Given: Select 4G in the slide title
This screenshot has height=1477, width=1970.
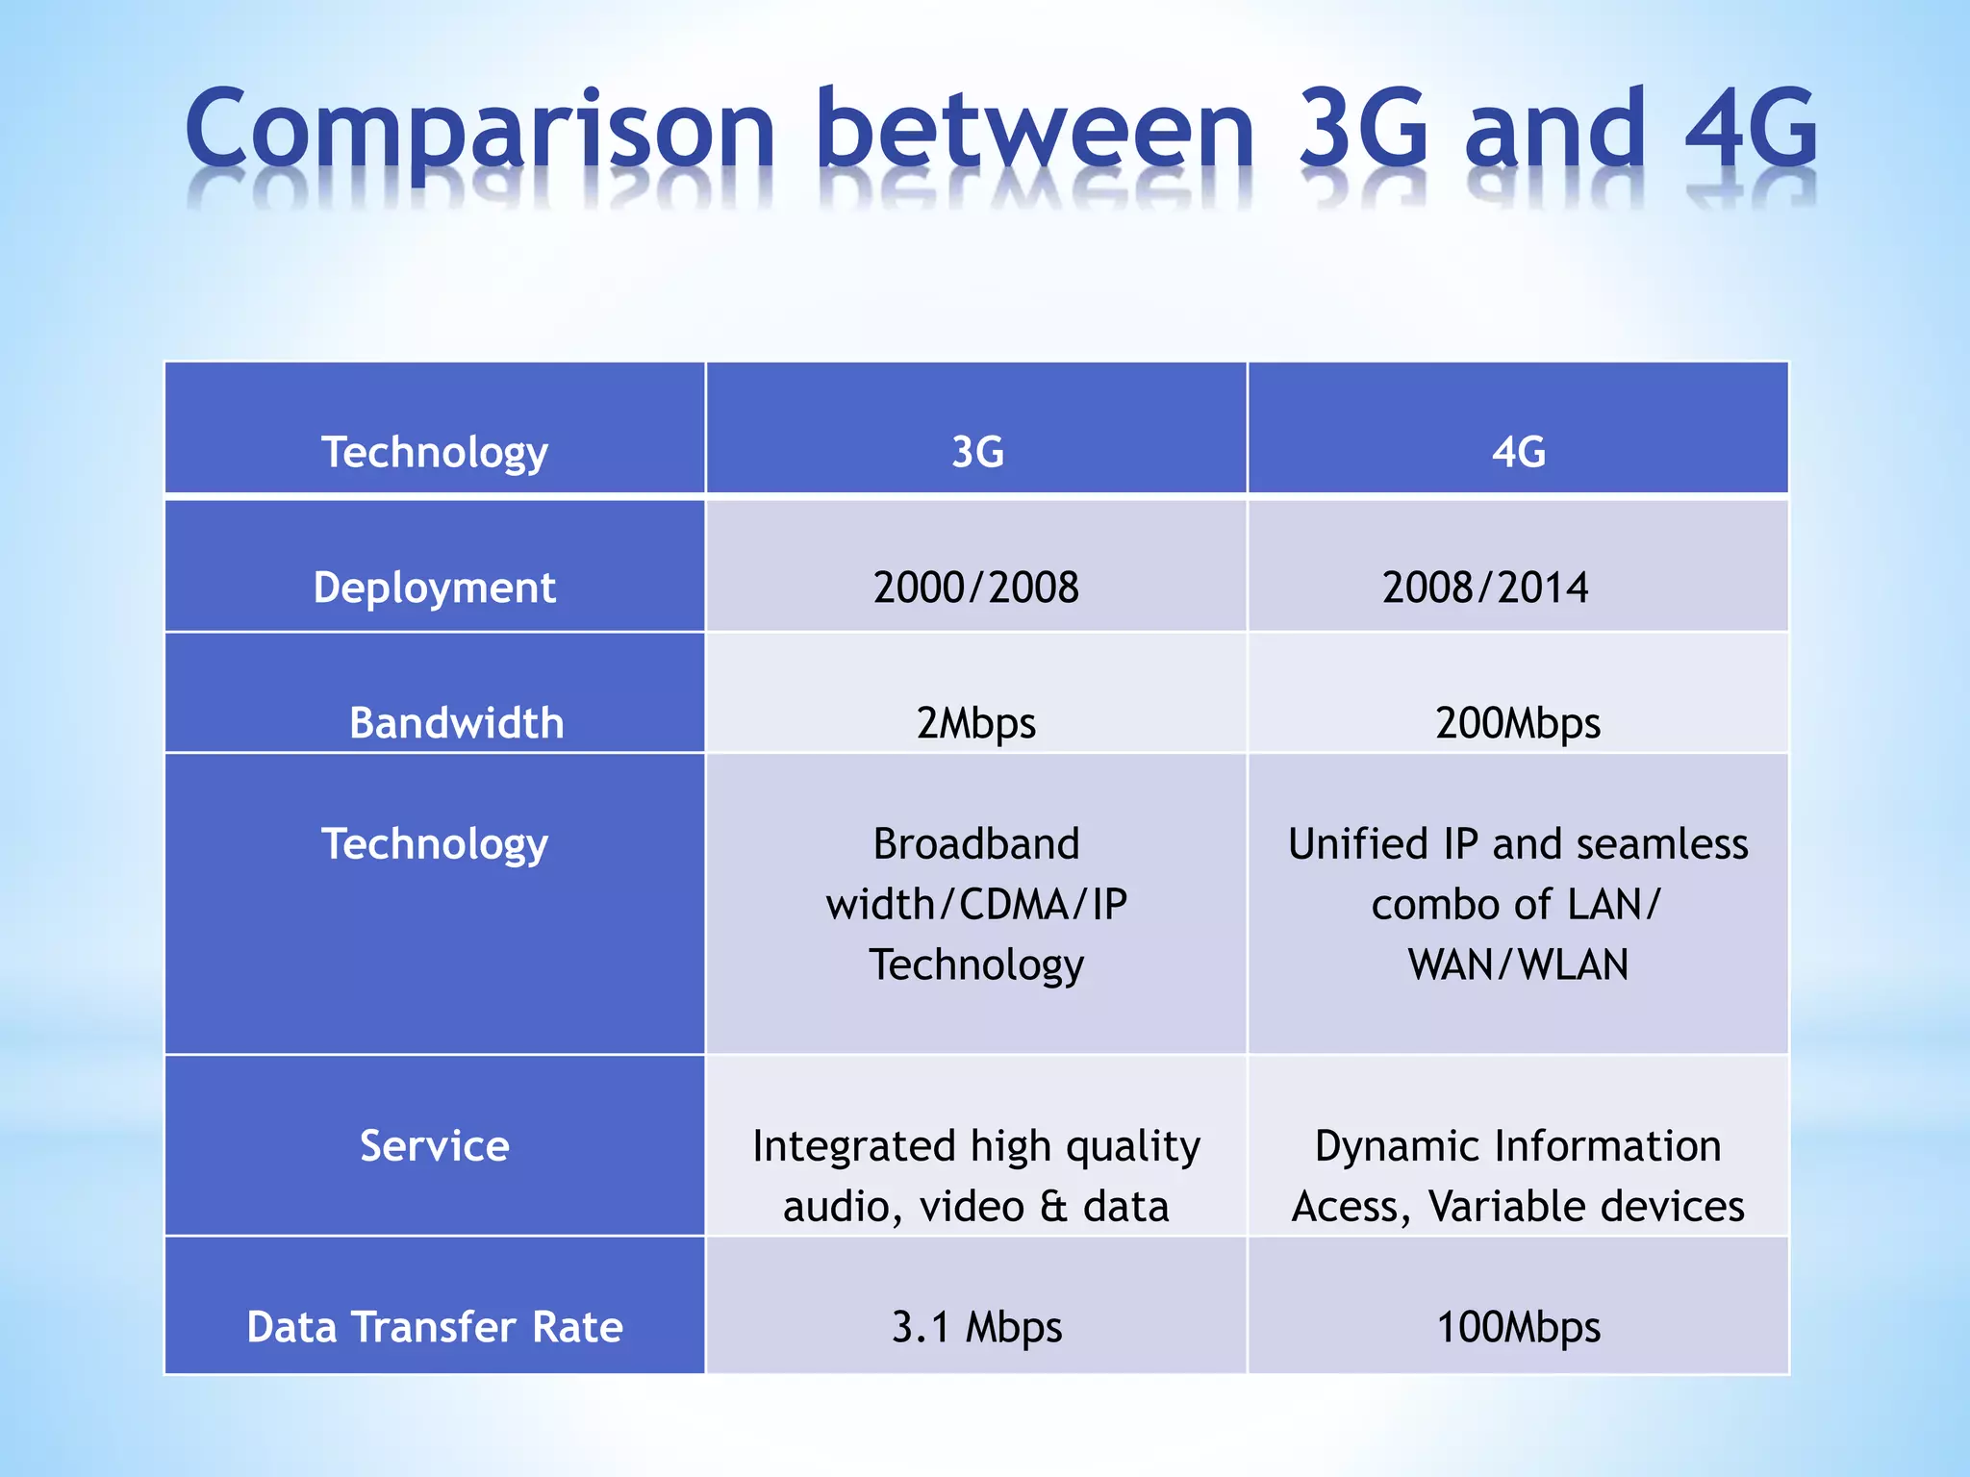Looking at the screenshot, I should (x=1751, y=128).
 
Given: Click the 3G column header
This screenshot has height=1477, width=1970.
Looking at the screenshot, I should (x=976, y=452).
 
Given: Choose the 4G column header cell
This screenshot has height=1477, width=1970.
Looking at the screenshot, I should (x=1518, y=452).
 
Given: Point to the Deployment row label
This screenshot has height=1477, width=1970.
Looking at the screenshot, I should (x=435, y=588).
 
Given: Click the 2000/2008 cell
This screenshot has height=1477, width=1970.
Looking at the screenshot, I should (x=976, y=588).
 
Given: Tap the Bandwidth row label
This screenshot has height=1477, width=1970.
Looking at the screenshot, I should (x=456, y=723).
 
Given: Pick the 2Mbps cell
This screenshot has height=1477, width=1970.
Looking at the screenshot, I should (x=976, y=723).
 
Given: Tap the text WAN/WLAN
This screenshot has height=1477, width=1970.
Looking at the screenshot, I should (x=1518, y=964).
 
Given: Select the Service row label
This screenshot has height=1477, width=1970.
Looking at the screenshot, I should (x=435, y=1146).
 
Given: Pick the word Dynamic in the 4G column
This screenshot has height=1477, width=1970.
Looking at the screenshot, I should (x=1386, y=1146).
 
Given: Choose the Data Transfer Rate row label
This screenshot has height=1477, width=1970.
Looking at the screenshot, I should (x=435, y=1327).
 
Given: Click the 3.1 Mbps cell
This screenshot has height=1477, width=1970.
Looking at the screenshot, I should (x=976, y=1327).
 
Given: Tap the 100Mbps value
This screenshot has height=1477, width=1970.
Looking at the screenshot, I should (x=1518, y=1327).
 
